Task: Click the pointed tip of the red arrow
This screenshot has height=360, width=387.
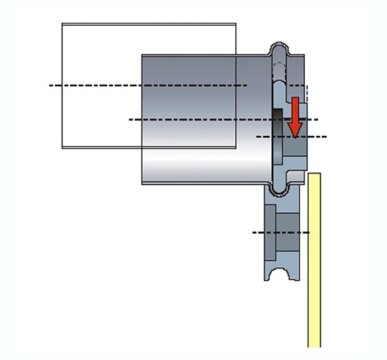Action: [295, 137]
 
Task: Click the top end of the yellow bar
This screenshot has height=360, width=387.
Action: [314, 174]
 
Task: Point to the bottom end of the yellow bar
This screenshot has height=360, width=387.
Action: [314, 346]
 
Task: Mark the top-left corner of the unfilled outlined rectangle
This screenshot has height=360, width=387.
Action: [62, 24]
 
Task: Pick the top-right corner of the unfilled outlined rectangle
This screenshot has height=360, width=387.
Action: [236, 24]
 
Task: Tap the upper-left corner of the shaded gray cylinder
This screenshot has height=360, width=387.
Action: [142, 55]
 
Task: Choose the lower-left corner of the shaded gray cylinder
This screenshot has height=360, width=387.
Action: [142, 184]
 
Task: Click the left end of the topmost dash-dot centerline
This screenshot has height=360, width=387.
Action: [50, 85]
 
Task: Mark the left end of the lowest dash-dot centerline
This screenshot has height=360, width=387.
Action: [253, 232]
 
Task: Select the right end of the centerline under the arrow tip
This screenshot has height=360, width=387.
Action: [326, 136]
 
